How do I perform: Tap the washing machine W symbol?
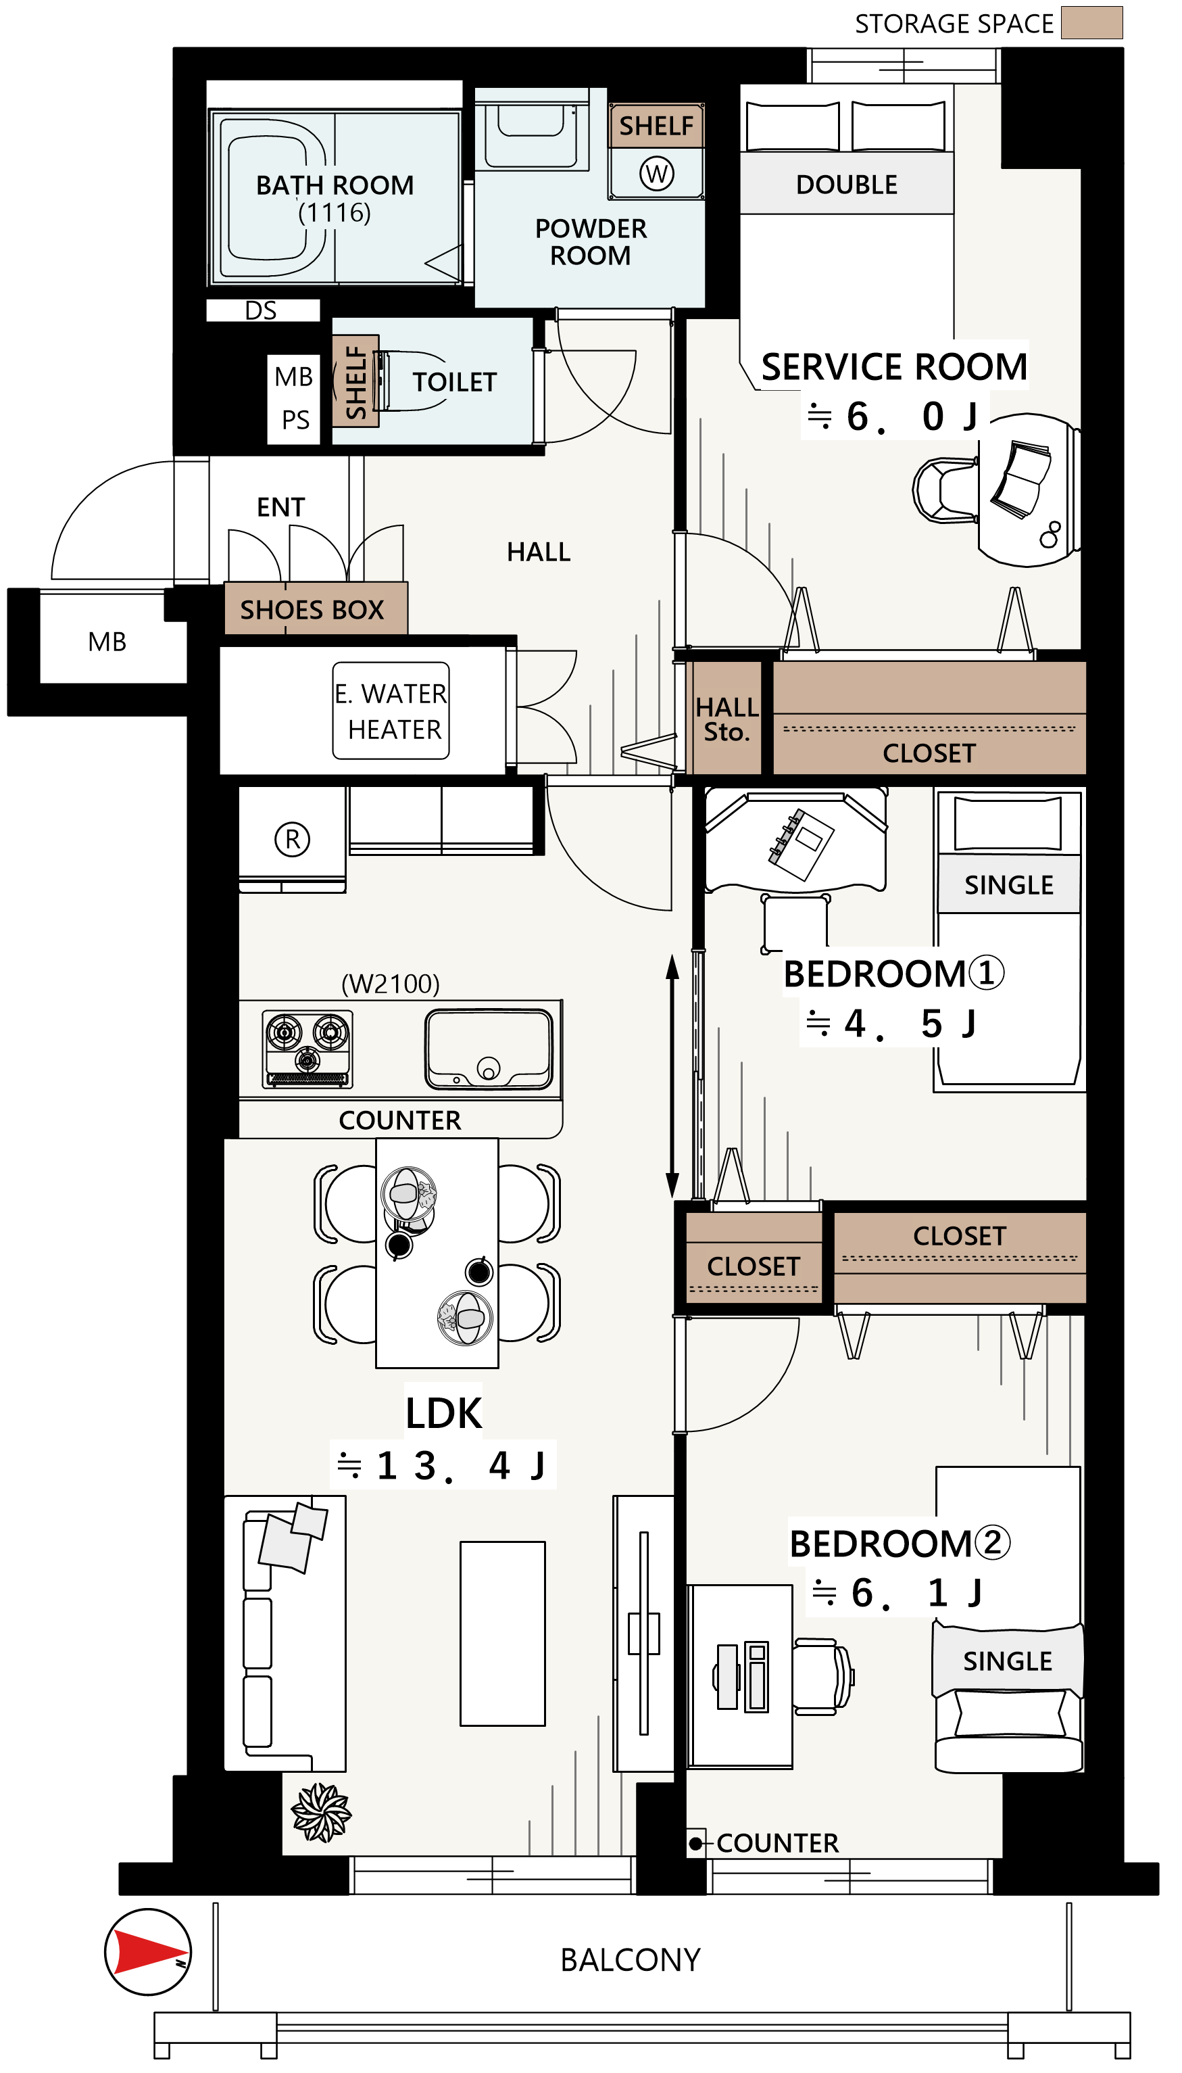(x=656, y=173)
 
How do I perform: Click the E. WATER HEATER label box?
(x=391, y=711)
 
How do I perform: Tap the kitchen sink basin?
(x=489, y=1047)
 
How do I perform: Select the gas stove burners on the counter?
(x=307, y=1047)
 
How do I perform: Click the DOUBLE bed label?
(x=846, y=185)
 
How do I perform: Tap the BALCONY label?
(x=630, y=1959)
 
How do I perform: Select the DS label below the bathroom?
(x=261, y=310)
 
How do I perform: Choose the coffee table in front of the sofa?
(x=503, y=1633)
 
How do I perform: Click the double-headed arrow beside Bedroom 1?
(x=672, y=1076)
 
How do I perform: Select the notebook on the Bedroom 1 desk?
(x=802, y=844)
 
